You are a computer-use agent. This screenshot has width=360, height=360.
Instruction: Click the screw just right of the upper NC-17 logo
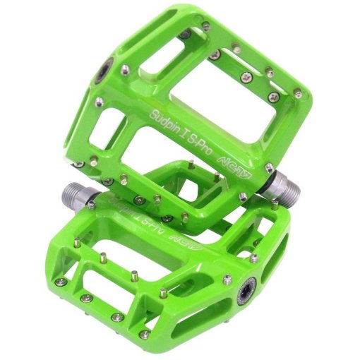pyautogui.click(x=270, y=168)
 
